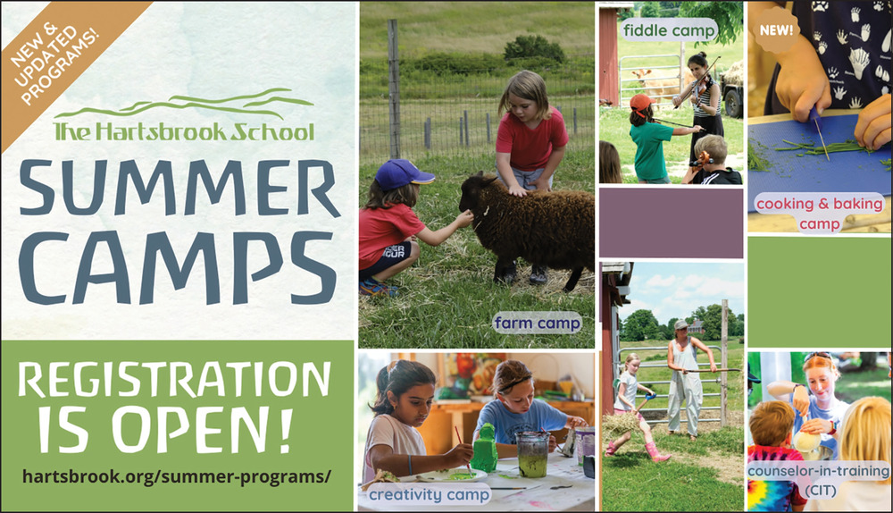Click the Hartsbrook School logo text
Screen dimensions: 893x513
click(183, 130)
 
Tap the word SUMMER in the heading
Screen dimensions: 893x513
click(179, 189)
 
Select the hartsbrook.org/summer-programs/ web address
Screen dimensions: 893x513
click(176, 476)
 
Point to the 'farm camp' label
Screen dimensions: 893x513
click(537, 324)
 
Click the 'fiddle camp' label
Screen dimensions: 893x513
click(669, 29)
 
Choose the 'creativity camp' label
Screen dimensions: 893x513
click(429, 494)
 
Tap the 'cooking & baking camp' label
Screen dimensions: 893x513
click(819, 212)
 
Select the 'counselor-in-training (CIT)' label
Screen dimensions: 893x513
click(819, 479)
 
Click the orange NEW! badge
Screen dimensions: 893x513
click(776, 29)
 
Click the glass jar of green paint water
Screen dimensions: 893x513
click(532, 453)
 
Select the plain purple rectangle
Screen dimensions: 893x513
click(671, 223)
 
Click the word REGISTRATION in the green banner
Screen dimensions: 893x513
click(174, 379)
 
